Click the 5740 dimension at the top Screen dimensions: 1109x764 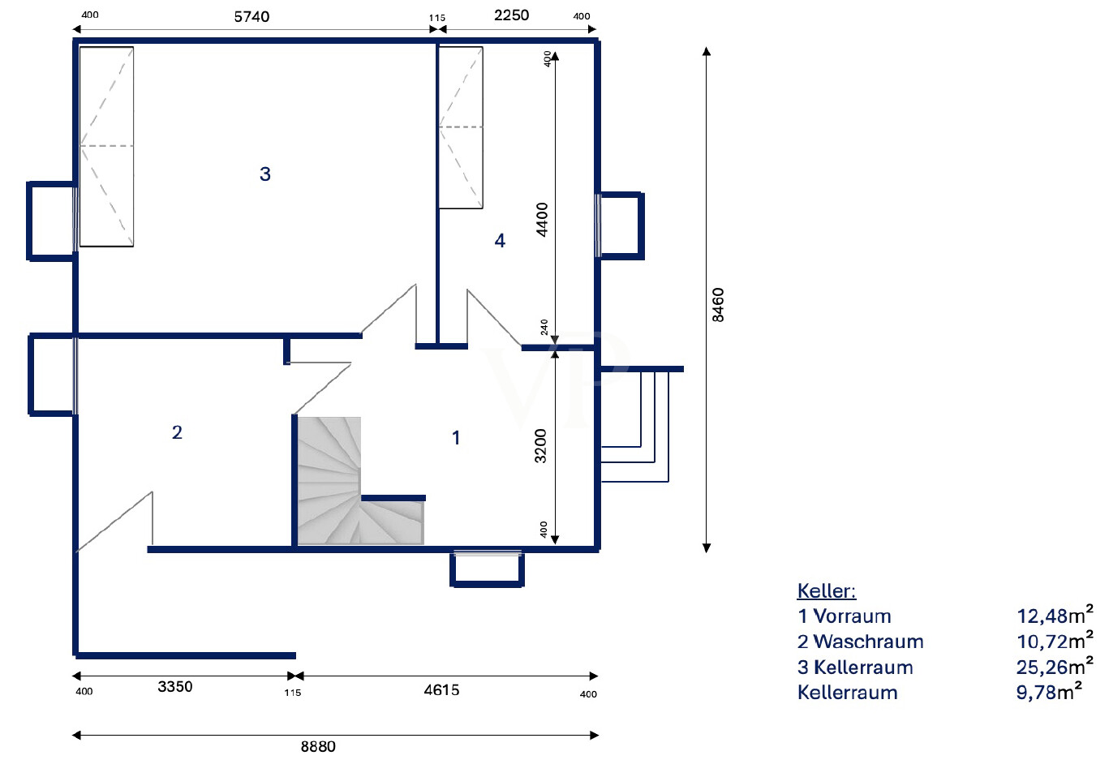(x=251, y=17)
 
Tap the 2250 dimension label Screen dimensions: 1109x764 (x=511, y=15)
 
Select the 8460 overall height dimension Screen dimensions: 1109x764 (x=718, y=305)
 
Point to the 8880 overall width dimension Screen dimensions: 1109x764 (x=318, y=746)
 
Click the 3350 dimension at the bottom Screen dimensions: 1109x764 (x=174, y=687)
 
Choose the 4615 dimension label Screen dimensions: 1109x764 (x=441, y=689)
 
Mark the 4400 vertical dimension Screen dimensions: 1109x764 (x=543, y=220)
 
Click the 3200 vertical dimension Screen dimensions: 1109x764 (x=540, y=446)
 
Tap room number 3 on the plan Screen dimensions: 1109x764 (x=264, y=174)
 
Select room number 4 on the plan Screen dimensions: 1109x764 (x=500, y=241)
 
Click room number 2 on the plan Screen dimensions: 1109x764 (x=177, y=432)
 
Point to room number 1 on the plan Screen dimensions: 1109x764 (x=456, y=437)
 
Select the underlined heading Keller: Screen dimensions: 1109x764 (x=827, y=590)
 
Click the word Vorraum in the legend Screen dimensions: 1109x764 (x=852, y=616)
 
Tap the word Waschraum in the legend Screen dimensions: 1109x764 (x=868, y=642)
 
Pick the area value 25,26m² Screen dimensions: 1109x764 (x=1055, y=666)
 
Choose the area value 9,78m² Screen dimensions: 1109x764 (x=1049, y=691)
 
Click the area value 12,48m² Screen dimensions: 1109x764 (x=1055, y=615)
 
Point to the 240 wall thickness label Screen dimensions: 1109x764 (x=544, y=327)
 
